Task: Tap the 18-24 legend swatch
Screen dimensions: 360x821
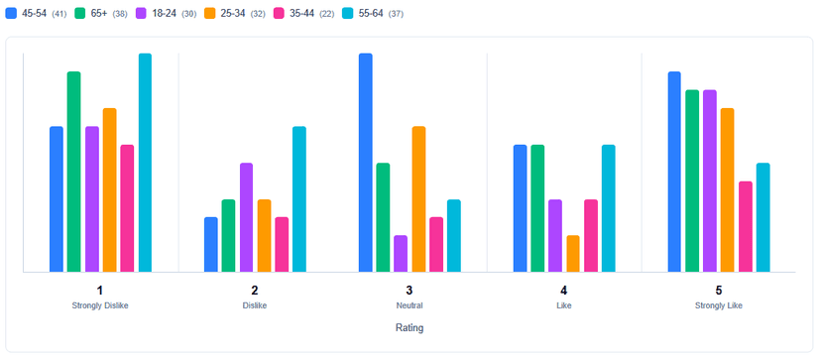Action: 142,13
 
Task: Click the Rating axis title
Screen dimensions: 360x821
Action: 410,327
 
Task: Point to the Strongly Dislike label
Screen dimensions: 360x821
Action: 100,305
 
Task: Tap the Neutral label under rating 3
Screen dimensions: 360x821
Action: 410,305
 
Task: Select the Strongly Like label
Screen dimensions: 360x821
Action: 719,305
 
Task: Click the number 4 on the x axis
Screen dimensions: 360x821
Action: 564,291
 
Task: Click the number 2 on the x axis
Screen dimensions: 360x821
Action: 255,291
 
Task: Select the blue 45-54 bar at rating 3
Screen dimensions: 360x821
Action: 366,163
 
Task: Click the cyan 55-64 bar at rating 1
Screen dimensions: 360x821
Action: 145,163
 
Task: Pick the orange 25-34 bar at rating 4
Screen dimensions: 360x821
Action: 573,254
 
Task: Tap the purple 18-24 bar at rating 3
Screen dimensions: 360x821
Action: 401,254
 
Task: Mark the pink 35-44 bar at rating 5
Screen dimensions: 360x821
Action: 746,227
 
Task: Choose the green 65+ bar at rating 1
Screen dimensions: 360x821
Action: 74,172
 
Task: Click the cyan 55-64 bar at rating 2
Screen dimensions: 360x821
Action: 299,199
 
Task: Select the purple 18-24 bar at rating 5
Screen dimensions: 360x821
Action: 710,180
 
